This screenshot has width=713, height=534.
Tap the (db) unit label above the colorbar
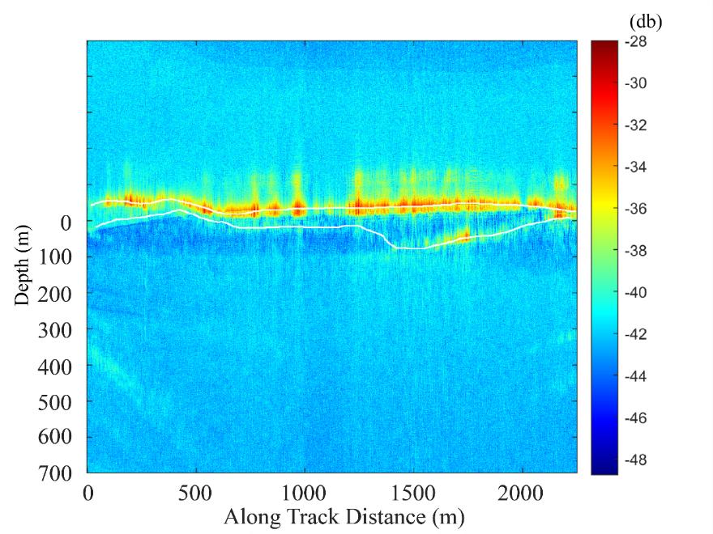pyautogui.click(x=645, y=22)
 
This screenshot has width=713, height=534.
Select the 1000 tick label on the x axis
pyautogui.click(x=304, y=493)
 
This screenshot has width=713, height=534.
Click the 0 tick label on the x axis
pyautogui.click(x=88, y=493)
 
